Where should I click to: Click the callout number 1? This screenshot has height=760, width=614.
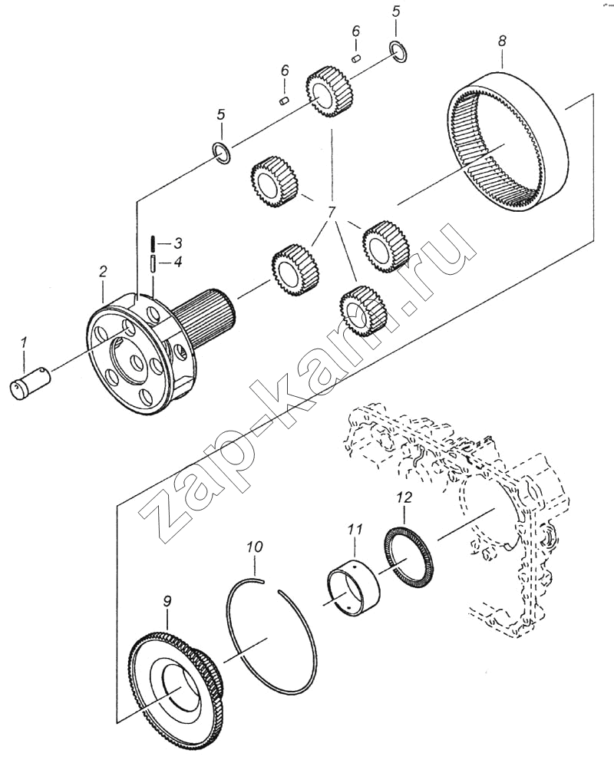(x=24, y=345)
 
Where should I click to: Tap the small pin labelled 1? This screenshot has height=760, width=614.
(x=30, y=385)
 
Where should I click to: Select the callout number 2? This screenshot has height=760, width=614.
(x=102, y=272)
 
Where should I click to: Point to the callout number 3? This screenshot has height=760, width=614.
(x=178, y=243)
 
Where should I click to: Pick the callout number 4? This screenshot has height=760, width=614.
(x=178, y=263)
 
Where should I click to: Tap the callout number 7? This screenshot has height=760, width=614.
(x=331, y=213)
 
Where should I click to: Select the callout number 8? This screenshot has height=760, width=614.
(x=502, y=41)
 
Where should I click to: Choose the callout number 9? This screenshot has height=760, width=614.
(x=167, y=602)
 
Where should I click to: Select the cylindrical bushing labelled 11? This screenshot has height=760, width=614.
(x=353, y=591)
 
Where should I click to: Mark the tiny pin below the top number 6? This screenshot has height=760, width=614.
(x=356, y=58)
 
